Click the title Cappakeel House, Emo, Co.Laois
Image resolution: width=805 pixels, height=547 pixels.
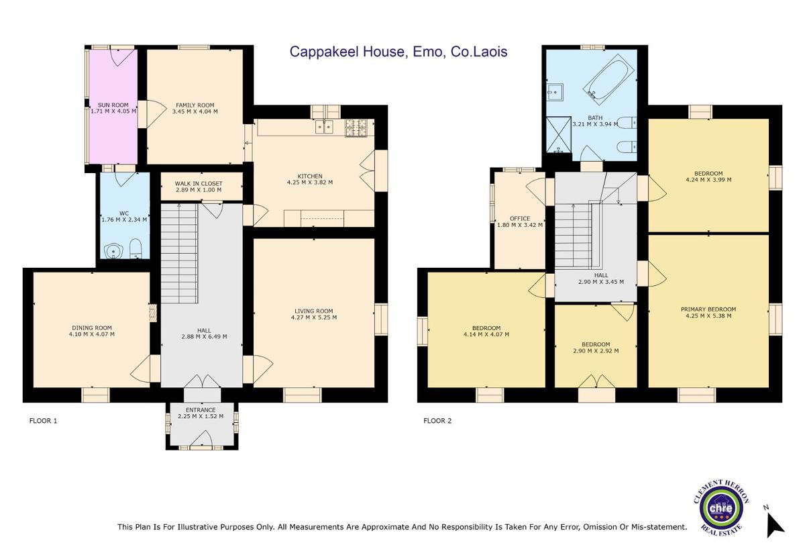click(x=398, y=52)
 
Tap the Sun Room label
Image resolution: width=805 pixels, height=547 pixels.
click(x=113, y=105)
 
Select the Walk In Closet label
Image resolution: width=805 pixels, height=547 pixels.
click(x=199, y=183)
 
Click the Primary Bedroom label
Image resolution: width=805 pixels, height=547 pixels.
click(x=708, y=309)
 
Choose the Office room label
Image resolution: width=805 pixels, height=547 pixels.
click(x=520, y=218)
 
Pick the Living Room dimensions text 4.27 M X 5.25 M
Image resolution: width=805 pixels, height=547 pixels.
click(x=314, y=317)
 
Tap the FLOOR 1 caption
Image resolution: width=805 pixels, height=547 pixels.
click(x=44, y=421)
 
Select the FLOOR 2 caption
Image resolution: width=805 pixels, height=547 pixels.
click(x=437, y=421)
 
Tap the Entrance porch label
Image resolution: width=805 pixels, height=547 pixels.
click(x=201, y=409)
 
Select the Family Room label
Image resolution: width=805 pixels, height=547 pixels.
click(x=195, y=105)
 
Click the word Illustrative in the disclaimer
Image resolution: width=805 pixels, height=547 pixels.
click(x=205, y=528)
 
